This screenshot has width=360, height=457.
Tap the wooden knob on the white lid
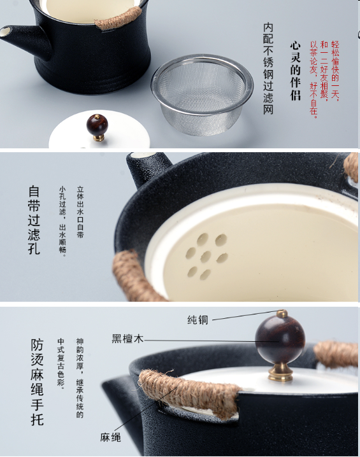point(97,127)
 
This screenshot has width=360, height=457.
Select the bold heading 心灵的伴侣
point(295,71)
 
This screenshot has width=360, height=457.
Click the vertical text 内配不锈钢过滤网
point(268,69)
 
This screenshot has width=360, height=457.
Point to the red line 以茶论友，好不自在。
point(313,80)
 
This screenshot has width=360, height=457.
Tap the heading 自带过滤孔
point(34,220)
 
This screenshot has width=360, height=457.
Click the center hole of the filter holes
point(206,257)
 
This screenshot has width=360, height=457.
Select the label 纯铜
point(198,320)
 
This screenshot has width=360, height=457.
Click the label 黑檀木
point(128,339)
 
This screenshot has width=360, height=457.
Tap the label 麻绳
point(110,437)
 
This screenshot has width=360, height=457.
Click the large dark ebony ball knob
point(280,340)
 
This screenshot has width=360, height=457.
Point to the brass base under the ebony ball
point(280,372)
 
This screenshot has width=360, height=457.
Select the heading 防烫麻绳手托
point(37,382)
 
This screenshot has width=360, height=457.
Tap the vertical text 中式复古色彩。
point(61,362)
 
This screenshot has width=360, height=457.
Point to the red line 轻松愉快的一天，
point(335,71)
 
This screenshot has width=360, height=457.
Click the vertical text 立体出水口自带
point(80,212)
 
